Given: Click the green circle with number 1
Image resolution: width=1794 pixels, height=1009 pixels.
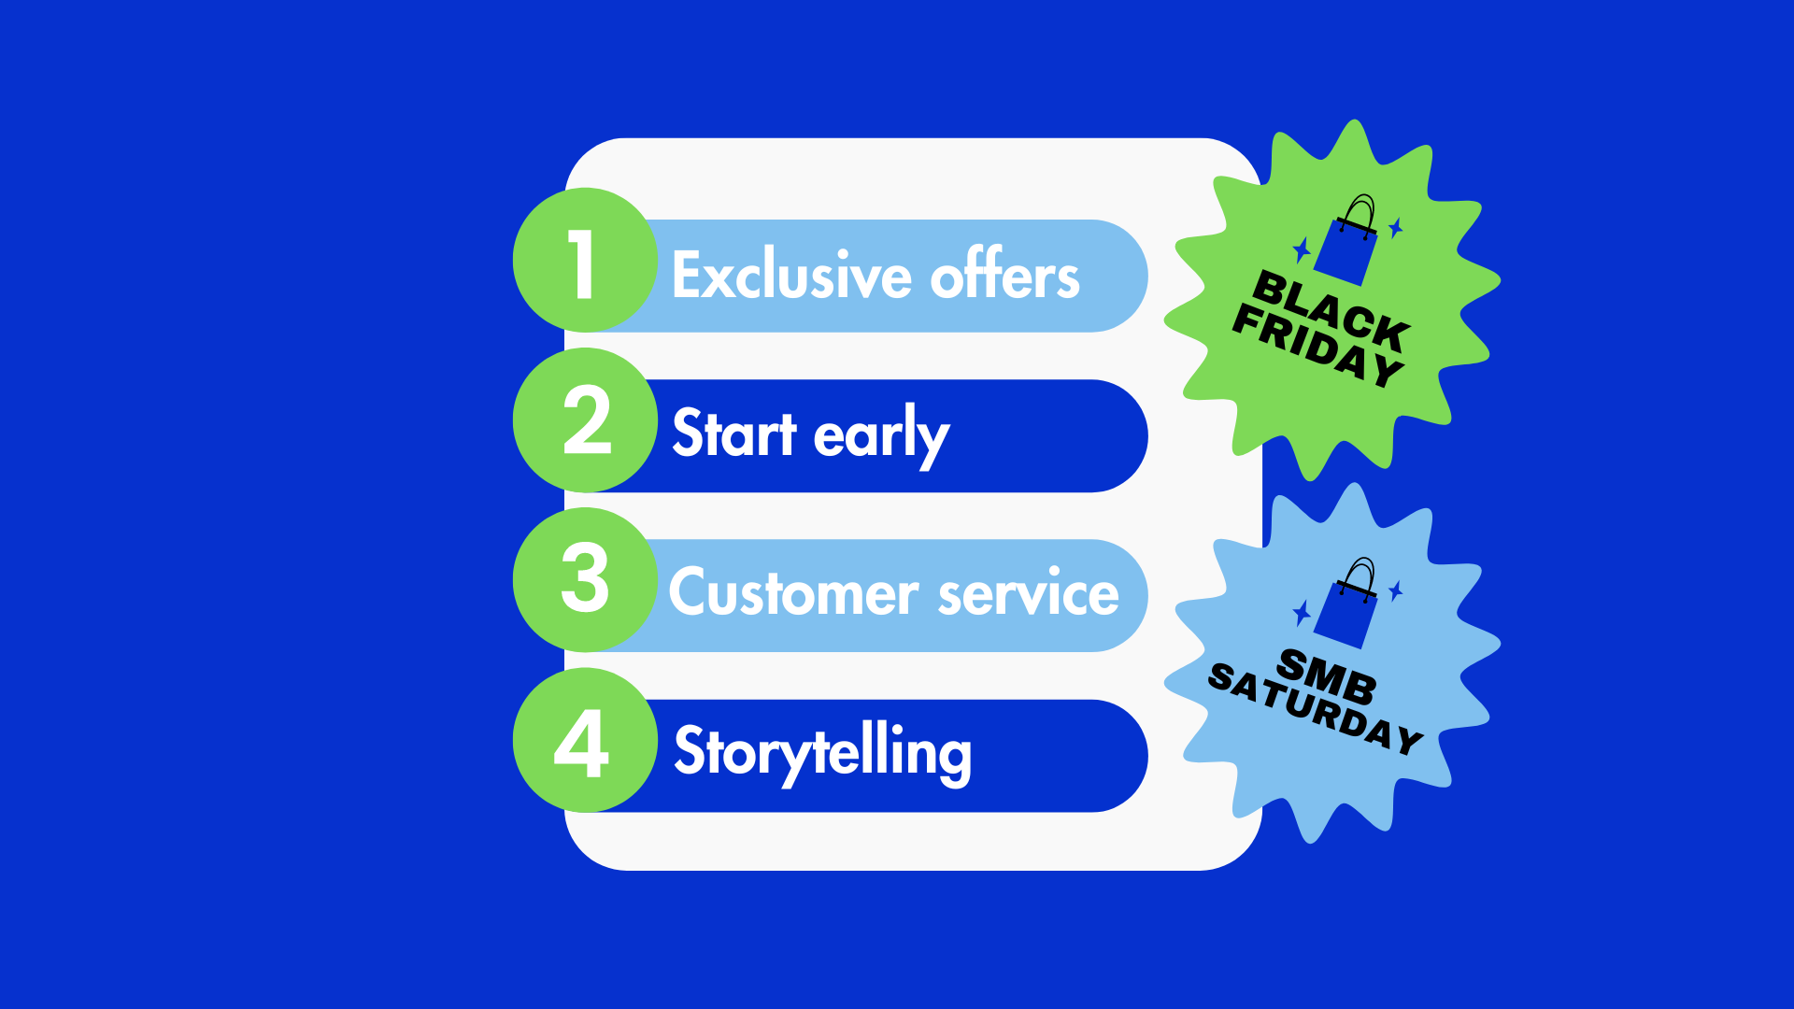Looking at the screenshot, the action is click(585, 260).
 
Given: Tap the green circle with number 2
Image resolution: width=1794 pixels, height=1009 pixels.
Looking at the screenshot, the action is click(585, 419).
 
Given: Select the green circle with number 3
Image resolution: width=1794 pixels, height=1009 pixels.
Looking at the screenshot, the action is click(585, 579).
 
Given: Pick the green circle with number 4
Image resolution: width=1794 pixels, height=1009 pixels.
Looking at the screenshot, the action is click(585, 740).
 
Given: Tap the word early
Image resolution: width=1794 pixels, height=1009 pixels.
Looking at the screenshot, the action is click(881, 437).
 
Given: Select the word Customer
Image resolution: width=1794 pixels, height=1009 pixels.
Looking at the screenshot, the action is click(794, 592).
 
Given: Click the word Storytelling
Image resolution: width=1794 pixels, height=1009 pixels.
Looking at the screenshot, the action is click(822, 753).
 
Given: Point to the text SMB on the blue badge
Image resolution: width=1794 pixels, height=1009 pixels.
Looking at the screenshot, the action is click(1327, 677).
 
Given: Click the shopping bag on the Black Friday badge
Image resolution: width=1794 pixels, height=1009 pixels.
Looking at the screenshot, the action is click(1347, 241).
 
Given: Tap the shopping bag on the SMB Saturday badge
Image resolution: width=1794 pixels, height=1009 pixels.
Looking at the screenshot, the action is click(1347, 604).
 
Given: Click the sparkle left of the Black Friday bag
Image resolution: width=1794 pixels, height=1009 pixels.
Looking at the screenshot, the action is click(1301, 249).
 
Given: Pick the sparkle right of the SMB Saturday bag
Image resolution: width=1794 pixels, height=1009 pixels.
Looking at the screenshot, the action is click(1395, 590).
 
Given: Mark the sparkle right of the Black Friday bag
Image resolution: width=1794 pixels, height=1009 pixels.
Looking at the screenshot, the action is click(1395, 228).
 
